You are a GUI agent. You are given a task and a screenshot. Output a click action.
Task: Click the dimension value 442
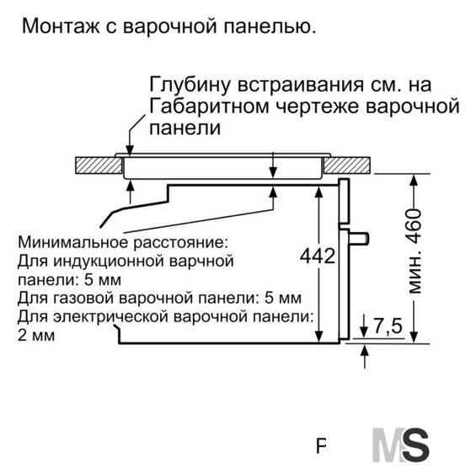point(318,256)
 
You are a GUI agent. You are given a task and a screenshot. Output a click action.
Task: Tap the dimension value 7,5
point(388,326)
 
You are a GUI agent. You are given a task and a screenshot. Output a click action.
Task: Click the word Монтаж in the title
point(61,26)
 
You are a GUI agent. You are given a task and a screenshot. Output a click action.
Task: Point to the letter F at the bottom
point(321,446)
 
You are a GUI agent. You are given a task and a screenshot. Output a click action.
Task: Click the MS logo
point(401,445)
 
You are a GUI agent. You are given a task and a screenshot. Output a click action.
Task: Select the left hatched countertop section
point(99,165)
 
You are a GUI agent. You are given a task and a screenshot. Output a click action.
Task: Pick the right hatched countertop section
point(347,165)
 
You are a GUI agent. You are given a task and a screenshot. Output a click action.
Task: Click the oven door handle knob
point(359,239)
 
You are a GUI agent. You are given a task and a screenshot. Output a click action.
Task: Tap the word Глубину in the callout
point(190,85)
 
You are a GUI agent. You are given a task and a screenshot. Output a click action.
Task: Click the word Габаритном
point(210,106)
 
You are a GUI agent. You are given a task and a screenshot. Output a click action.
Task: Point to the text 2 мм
point(36,336)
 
